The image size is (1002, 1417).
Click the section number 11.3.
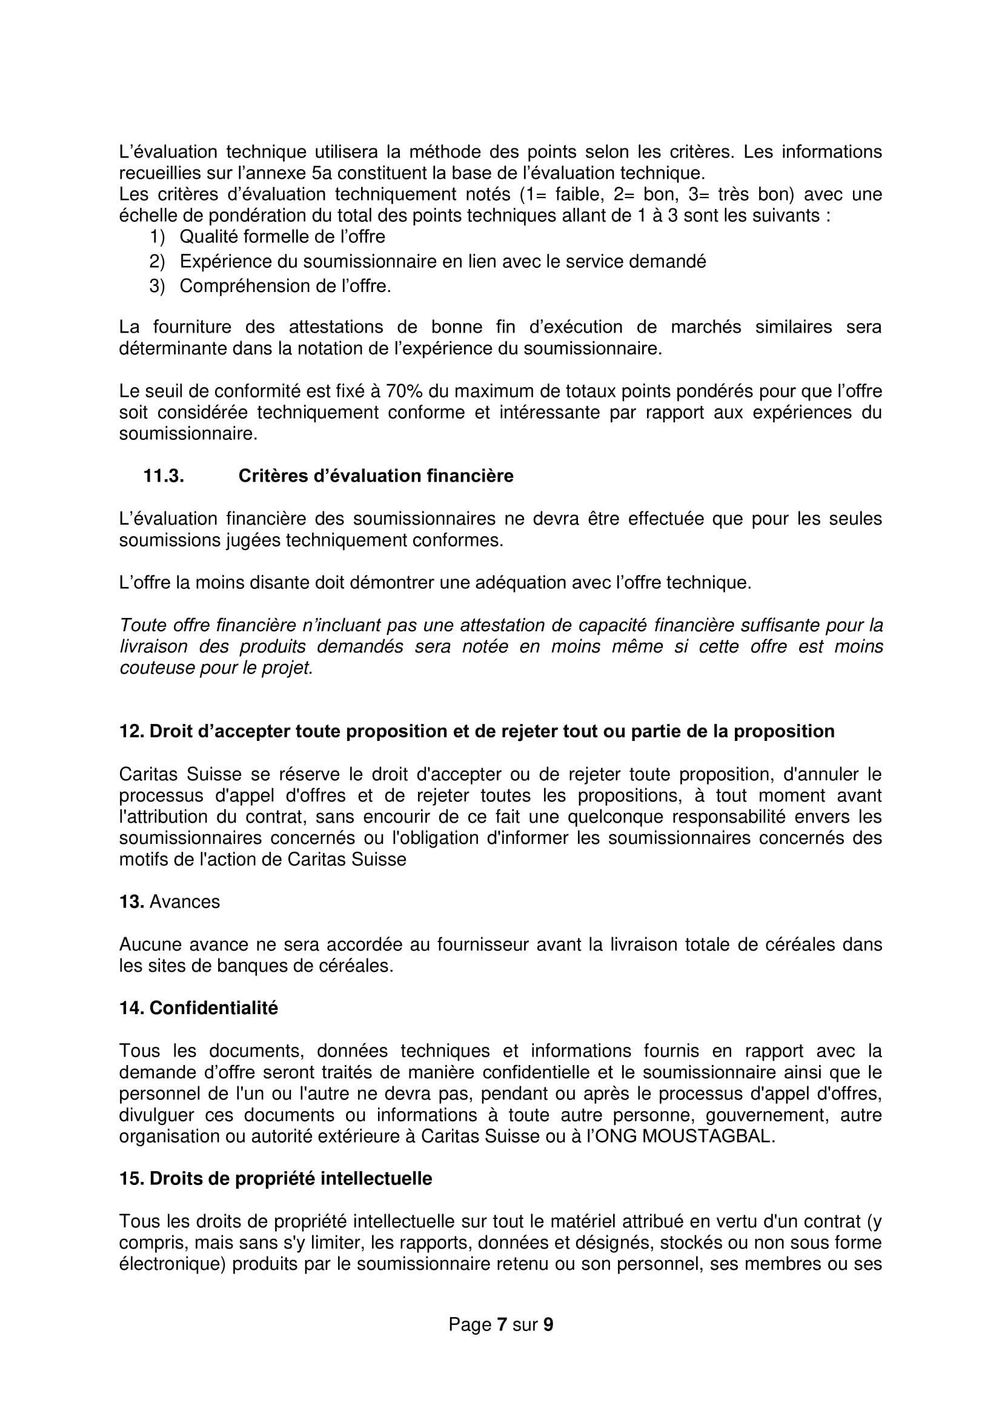164,476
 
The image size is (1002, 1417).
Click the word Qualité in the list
208,236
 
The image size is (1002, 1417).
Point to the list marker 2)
157,261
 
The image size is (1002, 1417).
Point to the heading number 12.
131,731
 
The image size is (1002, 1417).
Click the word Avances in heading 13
185,901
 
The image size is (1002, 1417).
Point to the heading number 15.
131,1179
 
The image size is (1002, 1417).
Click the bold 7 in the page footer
502,1324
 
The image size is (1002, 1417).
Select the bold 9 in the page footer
548,1324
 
